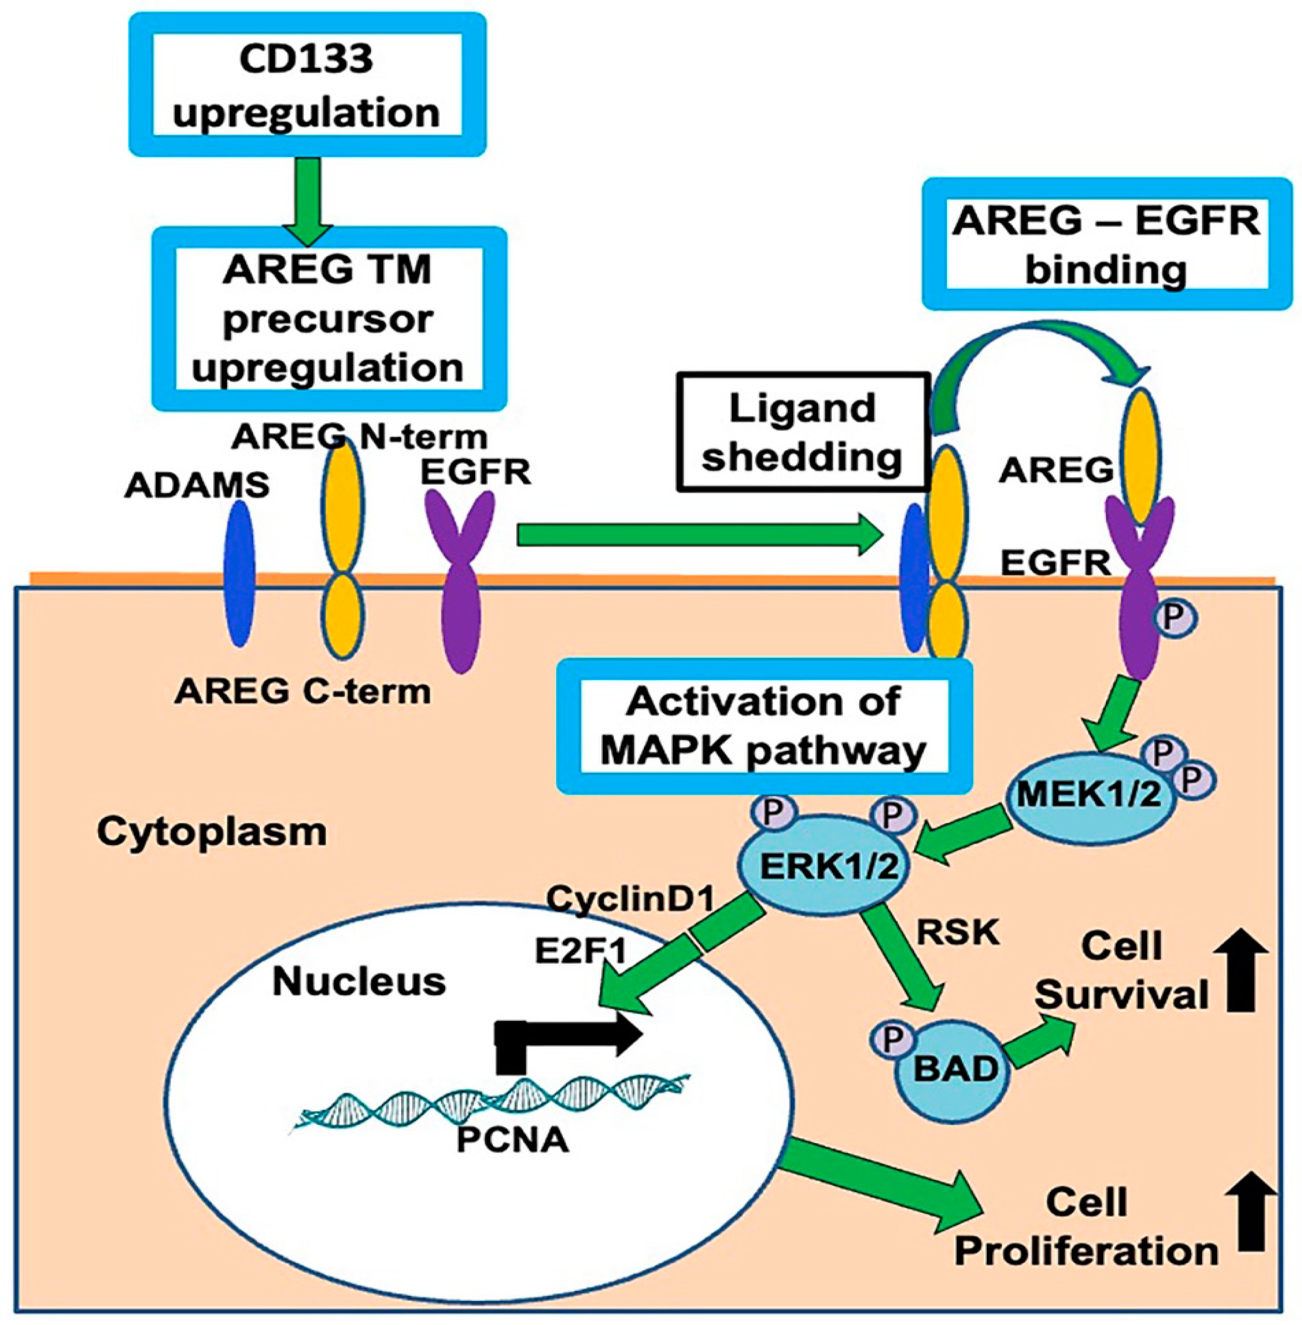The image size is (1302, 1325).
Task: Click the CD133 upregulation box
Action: [x=307, y=85]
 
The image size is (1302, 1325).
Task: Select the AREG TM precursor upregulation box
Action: [x=328, y=319]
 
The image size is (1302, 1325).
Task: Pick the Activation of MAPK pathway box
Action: [x=764, y=726]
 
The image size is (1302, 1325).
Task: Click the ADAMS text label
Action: [x=197, y=486]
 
